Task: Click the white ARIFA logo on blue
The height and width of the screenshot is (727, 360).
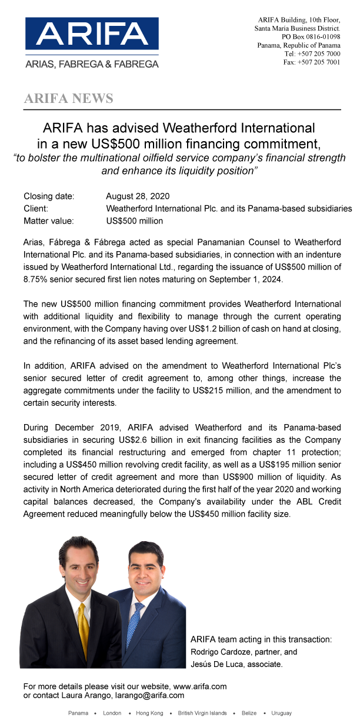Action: pos(91,34)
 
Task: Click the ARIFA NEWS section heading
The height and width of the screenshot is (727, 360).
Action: pos(68,98)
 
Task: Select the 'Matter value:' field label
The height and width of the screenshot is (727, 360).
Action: pos(49,221)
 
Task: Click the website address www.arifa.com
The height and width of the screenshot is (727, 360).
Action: pos(199,686)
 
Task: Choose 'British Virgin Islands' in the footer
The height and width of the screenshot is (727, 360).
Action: pos(202,713)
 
